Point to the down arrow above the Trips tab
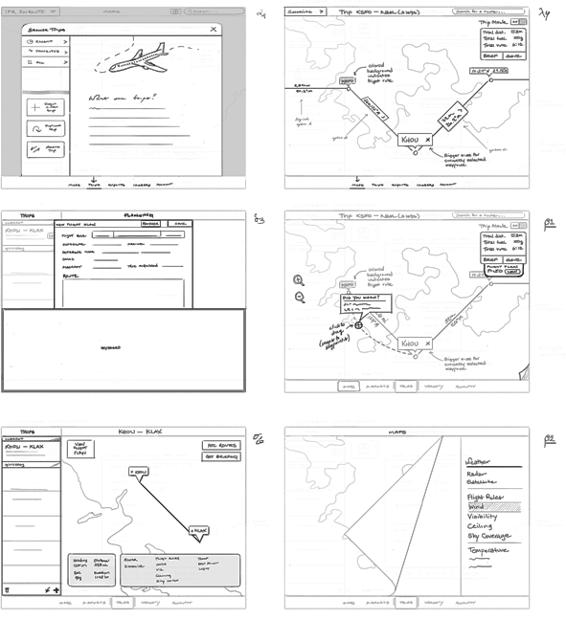click(x=93, y=178)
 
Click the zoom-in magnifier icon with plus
click(x=299, y=280)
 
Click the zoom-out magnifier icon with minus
click(x=299, y=298)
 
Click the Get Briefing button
click(x=220, y=457)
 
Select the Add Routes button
click(x=220, y=445)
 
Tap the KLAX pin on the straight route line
click(x=197, y=529)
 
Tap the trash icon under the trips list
click(x=9, y=590)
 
